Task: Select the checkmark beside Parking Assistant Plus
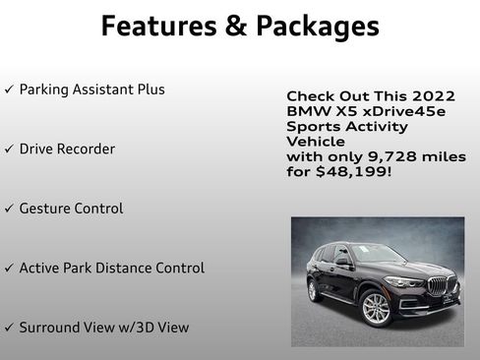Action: point(9,90)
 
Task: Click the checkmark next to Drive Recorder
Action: point(9,150)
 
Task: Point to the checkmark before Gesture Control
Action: point(9,210)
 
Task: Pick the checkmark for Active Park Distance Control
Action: point(9,269)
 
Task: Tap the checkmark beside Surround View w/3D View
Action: point(9,328)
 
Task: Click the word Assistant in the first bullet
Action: point(103,90)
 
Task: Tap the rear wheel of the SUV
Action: point(312,290)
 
